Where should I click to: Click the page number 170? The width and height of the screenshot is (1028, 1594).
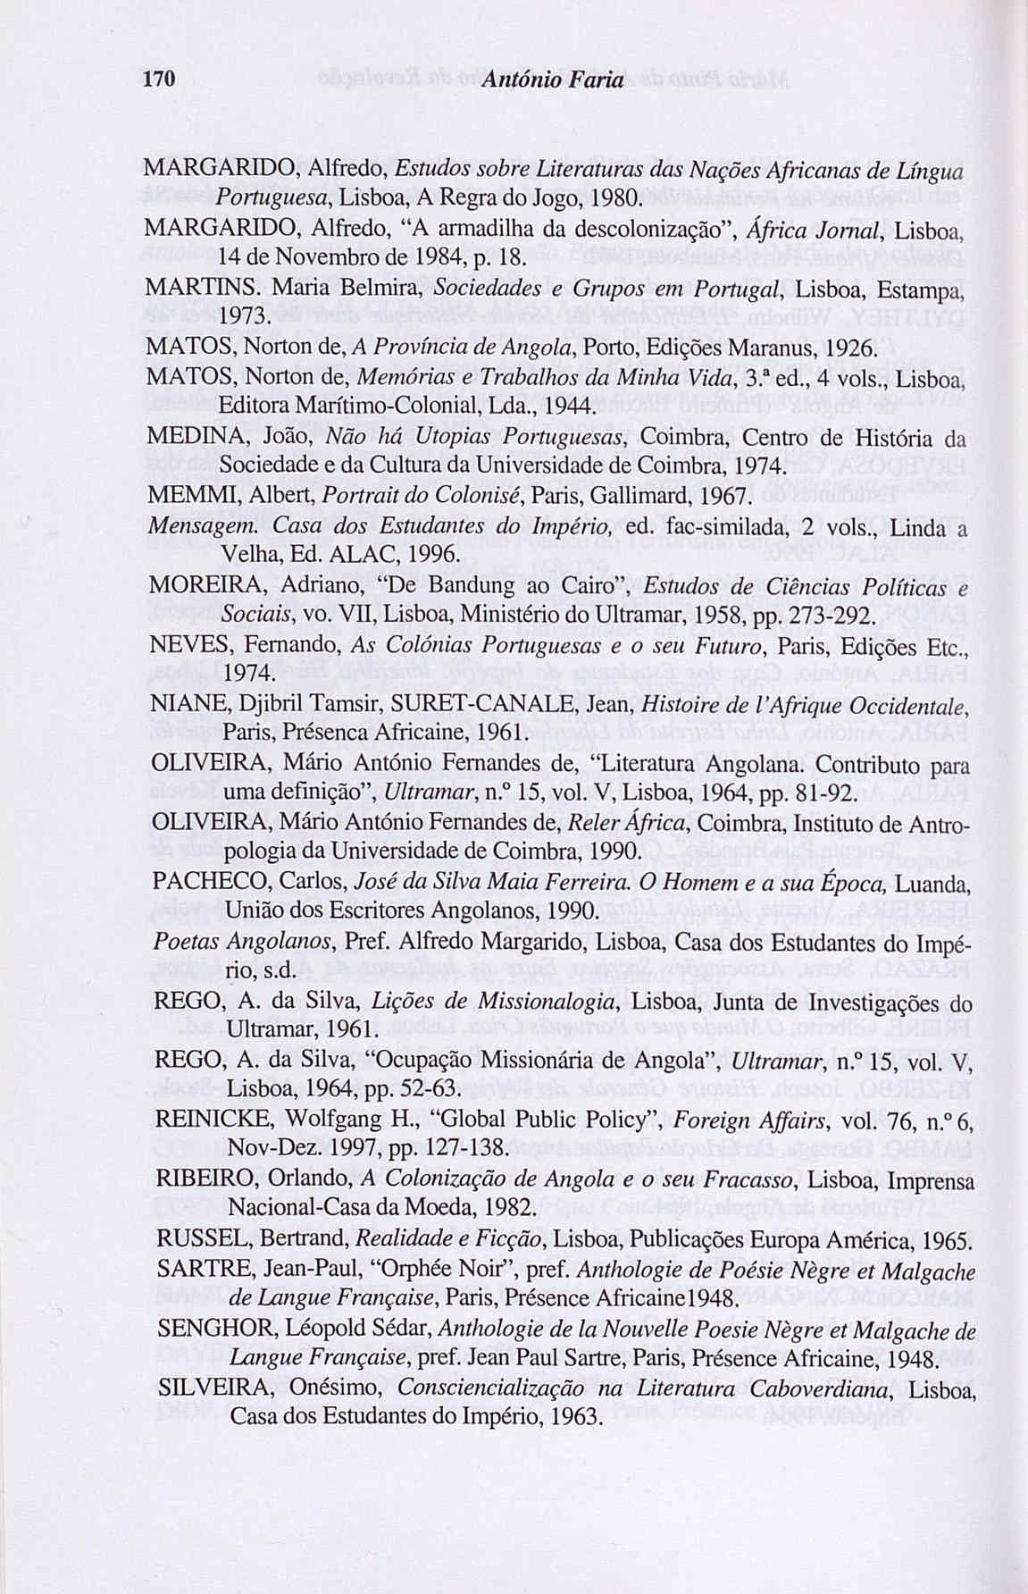(158, 80)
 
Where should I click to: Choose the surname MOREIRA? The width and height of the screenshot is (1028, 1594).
(193, 588)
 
